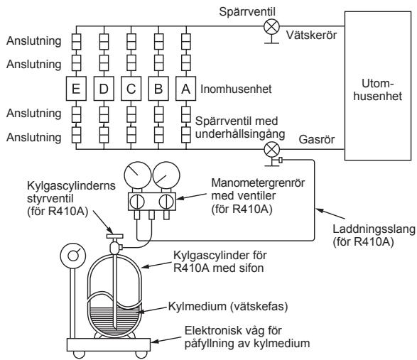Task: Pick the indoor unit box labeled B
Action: [159, 90]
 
